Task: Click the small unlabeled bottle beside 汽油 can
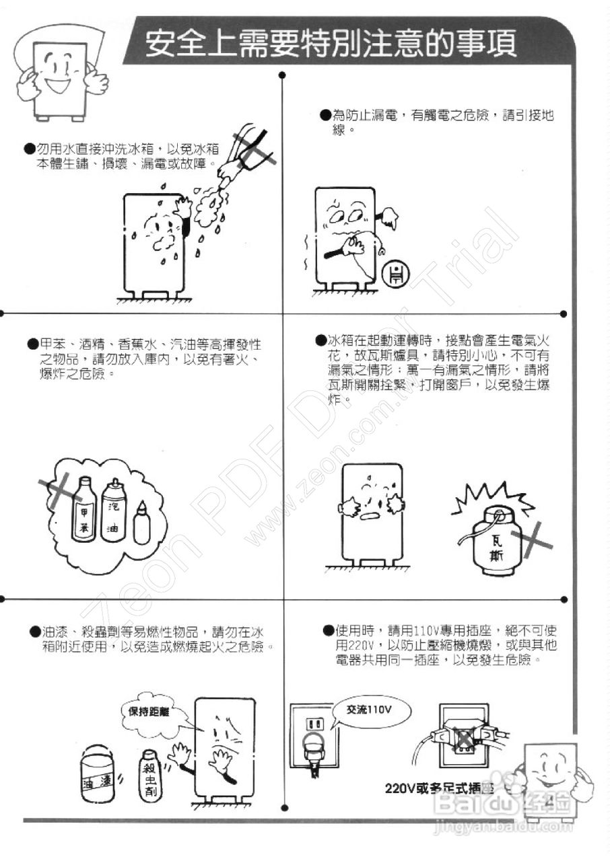tap(141, 524)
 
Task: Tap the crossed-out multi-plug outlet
tap(464, 739)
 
